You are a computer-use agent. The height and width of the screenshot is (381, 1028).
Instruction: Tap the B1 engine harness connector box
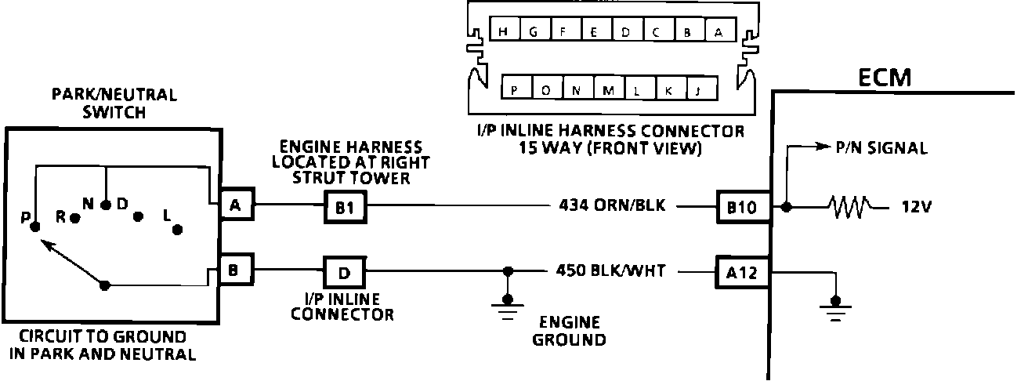tap(345, 208)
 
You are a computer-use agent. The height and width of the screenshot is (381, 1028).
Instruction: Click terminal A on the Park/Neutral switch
tap(235, 205)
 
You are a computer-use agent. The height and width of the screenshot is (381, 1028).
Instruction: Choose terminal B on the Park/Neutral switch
tap(235, 270)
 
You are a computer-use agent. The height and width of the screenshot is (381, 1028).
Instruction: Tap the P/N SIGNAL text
tap(883, 147)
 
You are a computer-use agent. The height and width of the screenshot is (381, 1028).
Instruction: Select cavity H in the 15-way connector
tap(503, 32)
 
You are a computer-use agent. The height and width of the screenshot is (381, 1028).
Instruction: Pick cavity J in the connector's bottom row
tap(697, 90)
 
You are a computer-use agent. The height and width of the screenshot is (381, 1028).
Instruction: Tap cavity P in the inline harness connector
tap(514, 90)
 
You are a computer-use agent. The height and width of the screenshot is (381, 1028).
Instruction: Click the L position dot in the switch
tap(178, 229)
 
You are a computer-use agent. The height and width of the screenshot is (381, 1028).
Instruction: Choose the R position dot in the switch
tap(74, 219)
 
